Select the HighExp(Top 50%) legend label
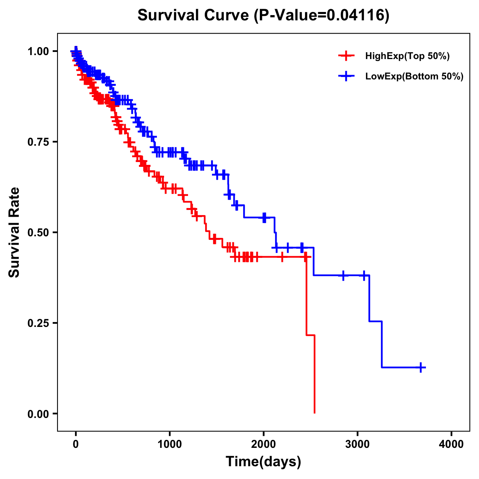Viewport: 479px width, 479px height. tap(407, 56)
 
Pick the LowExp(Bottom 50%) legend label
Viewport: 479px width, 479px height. tap(414, 76)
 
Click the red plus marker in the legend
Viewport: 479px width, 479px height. tap(346, 56)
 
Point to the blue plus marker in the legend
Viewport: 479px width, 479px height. tap(346, 76)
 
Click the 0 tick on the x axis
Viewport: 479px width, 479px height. tap(76, 444)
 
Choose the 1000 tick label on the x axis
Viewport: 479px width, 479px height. tap(170, 444)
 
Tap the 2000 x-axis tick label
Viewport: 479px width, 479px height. tap(263, 444)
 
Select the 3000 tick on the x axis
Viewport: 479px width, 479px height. tap(358, 444)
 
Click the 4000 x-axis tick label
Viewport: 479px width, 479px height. tap(451, 444)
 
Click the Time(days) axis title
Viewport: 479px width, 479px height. tap(263, 461)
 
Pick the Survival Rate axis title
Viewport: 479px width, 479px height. tap(14, 232)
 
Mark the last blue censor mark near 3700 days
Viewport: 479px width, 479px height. tap(421, 367)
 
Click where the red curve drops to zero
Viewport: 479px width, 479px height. tap(315, 412)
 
